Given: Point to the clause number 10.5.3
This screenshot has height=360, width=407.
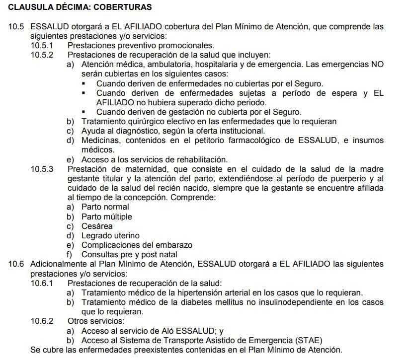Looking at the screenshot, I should [x=42, y=169].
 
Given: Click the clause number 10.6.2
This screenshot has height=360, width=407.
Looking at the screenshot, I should [x=42, y=321].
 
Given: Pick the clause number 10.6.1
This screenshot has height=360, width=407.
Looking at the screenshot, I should [x=42, y=283].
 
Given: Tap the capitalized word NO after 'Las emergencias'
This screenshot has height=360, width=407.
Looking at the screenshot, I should [x=378, y=65].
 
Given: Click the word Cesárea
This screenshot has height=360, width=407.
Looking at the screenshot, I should [x=97, y=226].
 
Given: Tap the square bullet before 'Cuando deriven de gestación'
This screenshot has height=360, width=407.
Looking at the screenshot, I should [x=84, y=112].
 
